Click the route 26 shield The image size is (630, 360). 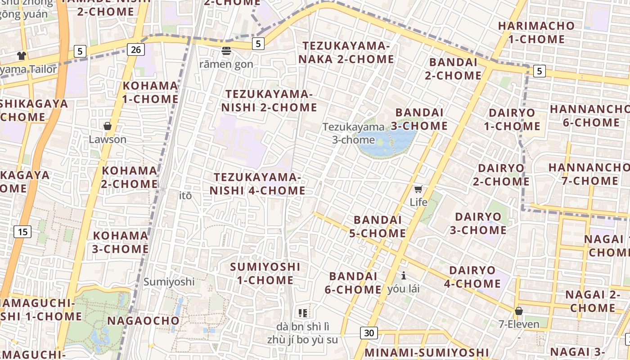click(136, 49)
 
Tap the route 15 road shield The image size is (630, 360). click(22, 232)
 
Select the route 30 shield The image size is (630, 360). click(369, 333)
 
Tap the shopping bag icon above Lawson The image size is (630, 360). click(107, 126)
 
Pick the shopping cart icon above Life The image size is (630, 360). click(418, 189)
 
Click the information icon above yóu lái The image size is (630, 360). click(404, 275)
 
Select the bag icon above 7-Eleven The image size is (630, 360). click(518, 311)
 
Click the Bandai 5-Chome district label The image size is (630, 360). click(378, 226)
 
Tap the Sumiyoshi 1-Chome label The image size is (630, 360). click(265, 273)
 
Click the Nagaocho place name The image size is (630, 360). click(143, 321)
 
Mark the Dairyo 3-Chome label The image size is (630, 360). click(478, 223)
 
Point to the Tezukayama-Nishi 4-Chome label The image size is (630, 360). click(257, 184)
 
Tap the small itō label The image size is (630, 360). click(185, 196)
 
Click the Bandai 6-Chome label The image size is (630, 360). click(353, 283)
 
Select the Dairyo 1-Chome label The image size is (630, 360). click(512, 119)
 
